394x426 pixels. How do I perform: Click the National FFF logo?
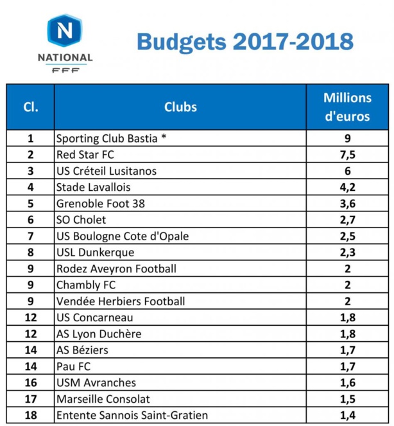[65, 43]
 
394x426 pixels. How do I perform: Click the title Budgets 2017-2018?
[244, 42]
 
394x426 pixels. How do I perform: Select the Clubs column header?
[180, 107]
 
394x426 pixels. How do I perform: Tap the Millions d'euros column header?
[347, 107]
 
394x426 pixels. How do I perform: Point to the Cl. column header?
[30, 107]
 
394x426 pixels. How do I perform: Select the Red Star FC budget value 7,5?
[347, 155]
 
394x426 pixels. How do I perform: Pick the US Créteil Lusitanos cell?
[107, 171]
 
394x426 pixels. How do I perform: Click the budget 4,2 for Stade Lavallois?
[347, 188]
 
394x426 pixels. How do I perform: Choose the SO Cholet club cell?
[81, 220]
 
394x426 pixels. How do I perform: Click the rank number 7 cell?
[30, 236]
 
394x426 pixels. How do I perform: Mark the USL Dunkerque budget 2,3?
[347, 253]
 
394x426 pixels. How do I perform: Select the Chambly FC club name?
[86, 285]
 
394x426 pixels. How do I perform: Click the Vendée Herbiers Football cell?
[121, 301]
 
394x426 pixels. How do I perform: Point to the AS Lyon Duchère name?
[99, 334]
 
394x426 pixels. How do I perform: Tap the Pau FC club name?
[73, 367]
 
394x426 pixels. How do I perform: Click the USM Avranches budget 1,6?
[347, 383]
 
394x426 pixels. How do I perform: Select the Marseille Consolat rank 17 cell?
[30, 399]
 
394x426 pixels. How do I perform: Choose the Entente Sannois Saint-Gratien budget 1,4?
[347, 416]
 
